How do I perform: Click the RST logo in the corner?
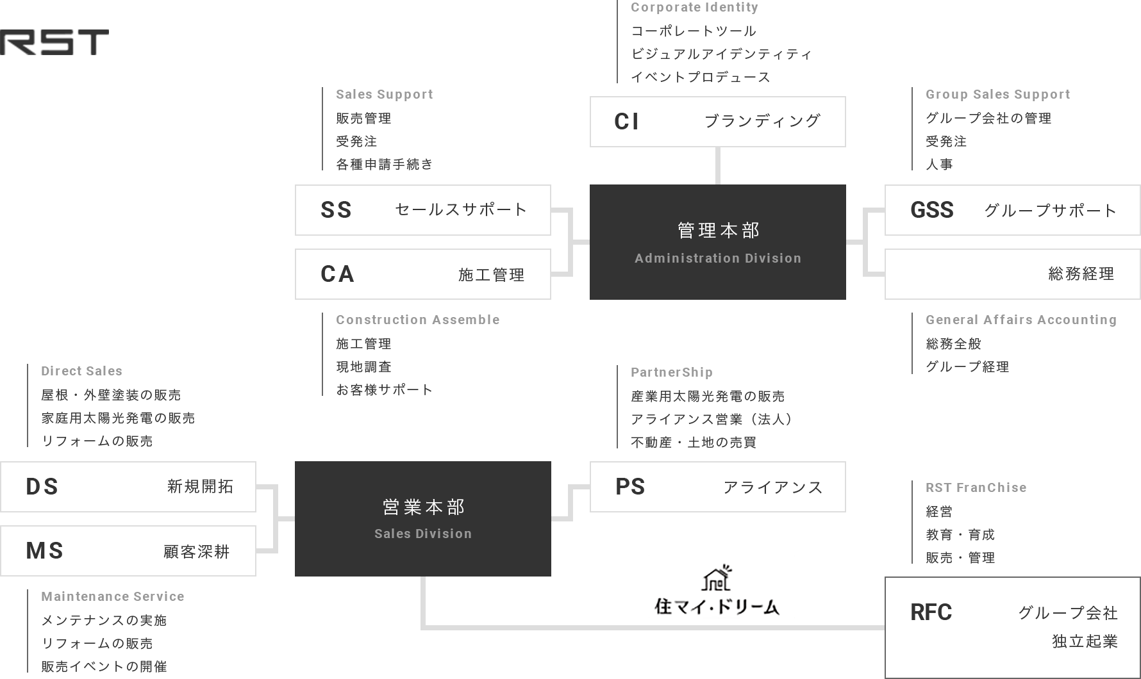(x=54, y=42)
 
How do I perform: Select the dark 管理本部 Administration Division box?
(x=717, y=242)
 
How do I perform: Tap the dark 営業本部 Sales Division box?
(x=423, y=519)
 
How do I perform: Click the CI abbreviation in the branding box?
(x=626, y=122)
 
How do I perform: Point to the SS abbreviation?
(x=337, y=210)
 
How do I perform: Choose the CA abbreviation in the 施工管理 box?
(x=337, y=274)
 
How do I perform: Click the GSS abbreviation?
(x=932, y=210)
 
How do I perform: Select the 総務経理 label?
(x=1081, y=274)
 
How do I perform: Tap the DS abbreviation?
(x=42, y=487)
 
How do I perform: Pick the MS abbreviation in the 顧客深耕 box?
(x=45, y=551)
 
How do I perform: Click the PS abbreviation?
(x=630, y=487)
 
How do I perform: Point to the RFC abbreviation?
(x=931, y=612)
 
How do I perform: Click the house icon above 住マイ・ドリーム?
(x=717, y=578)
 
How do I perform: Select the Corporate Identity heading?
(x=695, y=7)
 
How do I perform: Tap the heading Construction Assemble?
(x=418, y=320)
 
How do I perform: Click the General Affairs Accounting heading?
(x=1021, y=320)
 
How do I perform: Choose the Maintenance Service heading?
(x=113, y=596)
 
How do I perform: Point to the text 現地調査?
(x=363, y=367)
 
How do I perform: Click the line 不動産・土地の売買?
(x=694, y=443)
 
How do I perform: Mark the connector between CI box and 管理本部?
(x=717, y=166)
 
